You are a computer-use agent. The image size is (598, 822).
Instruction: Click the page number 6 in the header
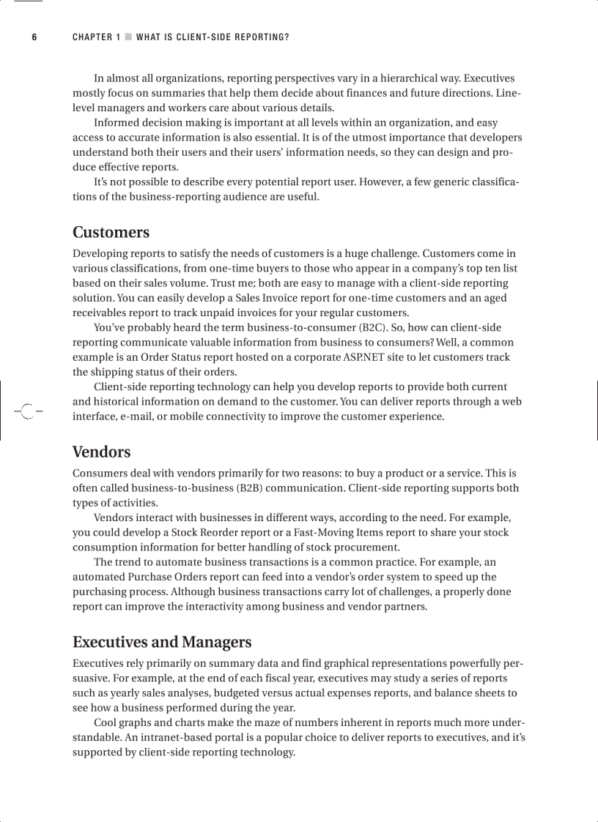pyautogui.click(x=34, y=37)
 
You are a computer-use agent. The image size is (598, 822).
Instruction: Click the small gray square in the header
pyautogui.click(x=128, y=37)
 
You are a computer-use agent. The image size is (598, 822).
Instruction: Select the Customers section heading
pyautogui.click(x=111, y=232)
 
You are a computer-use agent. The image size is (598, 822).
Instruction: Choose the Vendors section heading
pyautogui.click(x=101, y=452)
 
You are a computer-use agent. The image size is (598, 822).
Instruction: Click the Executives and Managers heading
pyautogui.click(x=161, y=642)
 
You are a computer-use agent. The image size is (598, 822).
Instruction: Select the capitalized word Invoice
pyautogui.click(x=281, y=298)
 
